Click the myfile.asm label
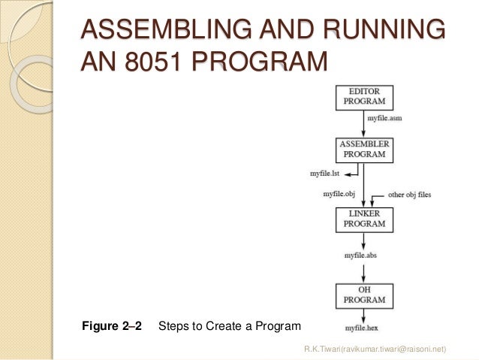(385, 119)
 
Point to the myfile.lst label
(326, 173)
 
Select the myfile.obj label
(340, 194)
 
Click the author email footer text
(375, 349)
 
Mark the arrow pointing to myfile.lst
(352, 173)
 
